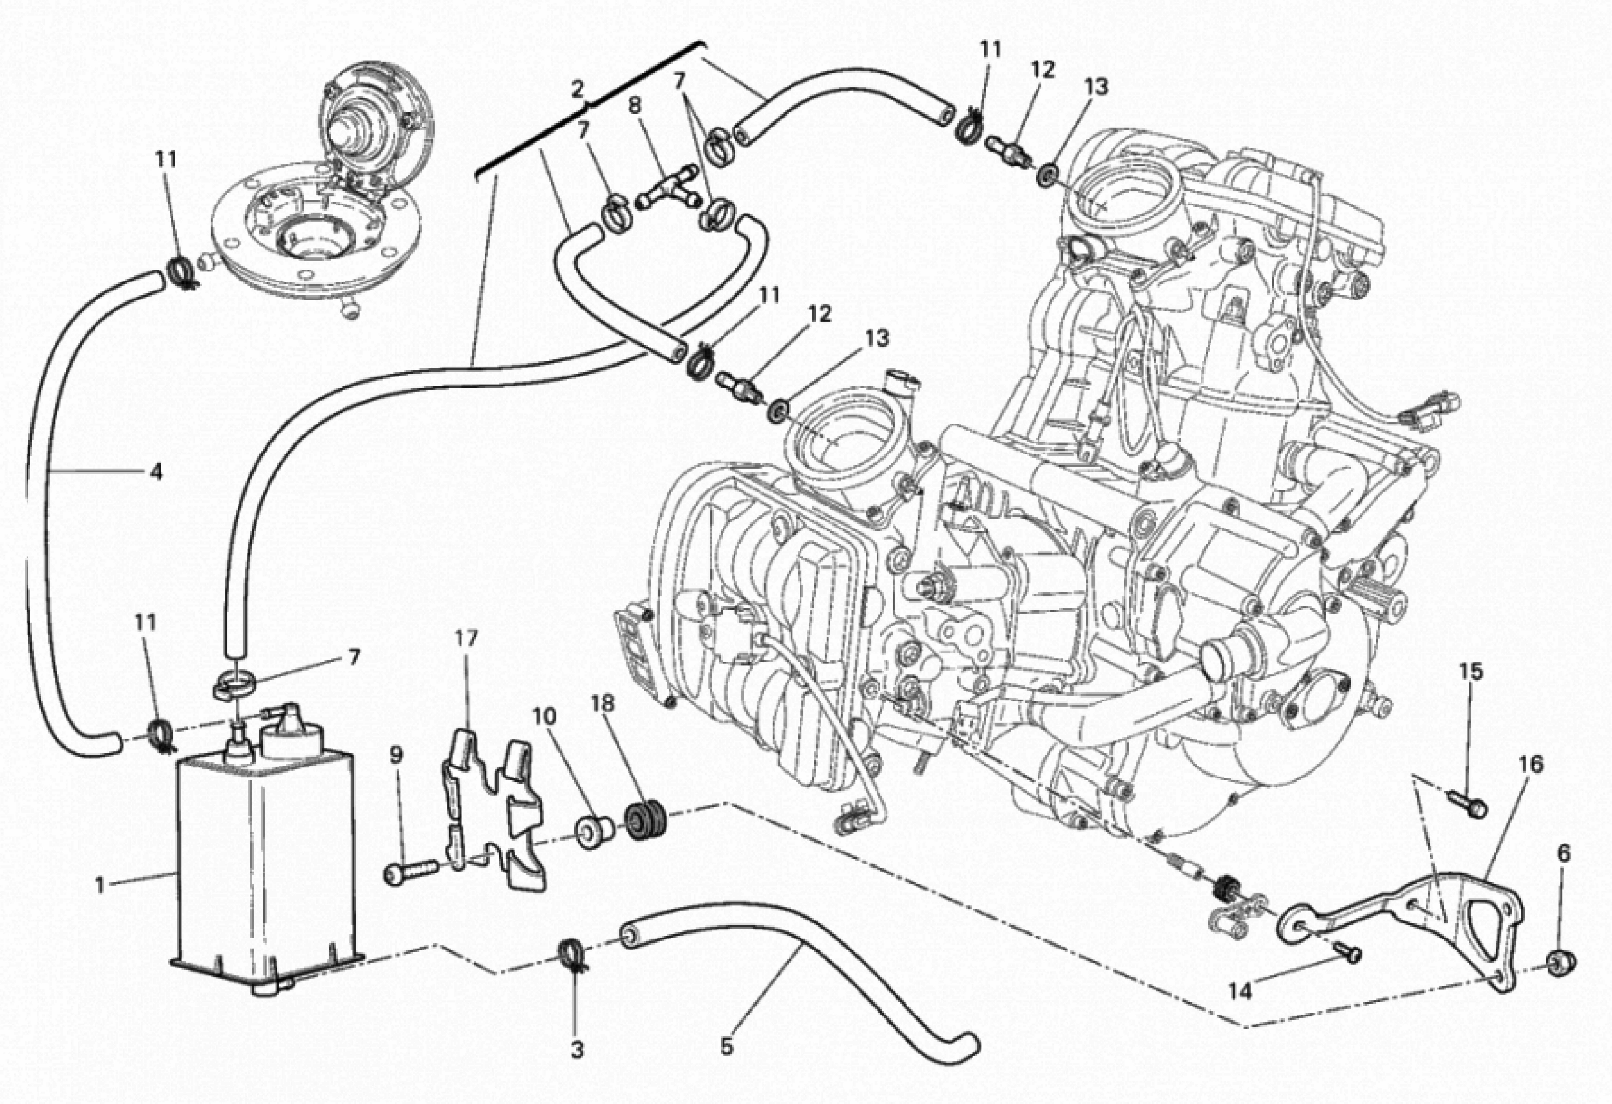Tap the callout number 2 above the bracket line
[578, 89]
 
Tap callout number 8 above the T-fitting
[635, 106]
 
